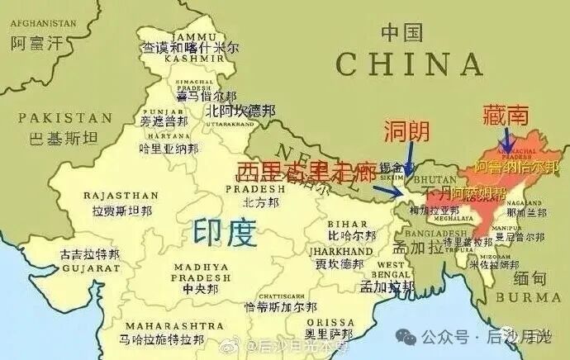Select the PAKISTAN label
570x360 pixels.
point(65,118)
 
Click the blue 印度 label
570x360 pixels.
point(221,233)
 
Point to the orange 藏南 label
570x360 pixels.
point(505,116)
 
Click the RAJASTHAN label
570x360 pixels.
point(121,196)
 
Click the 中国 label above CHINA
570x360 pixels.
point(401,33)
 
